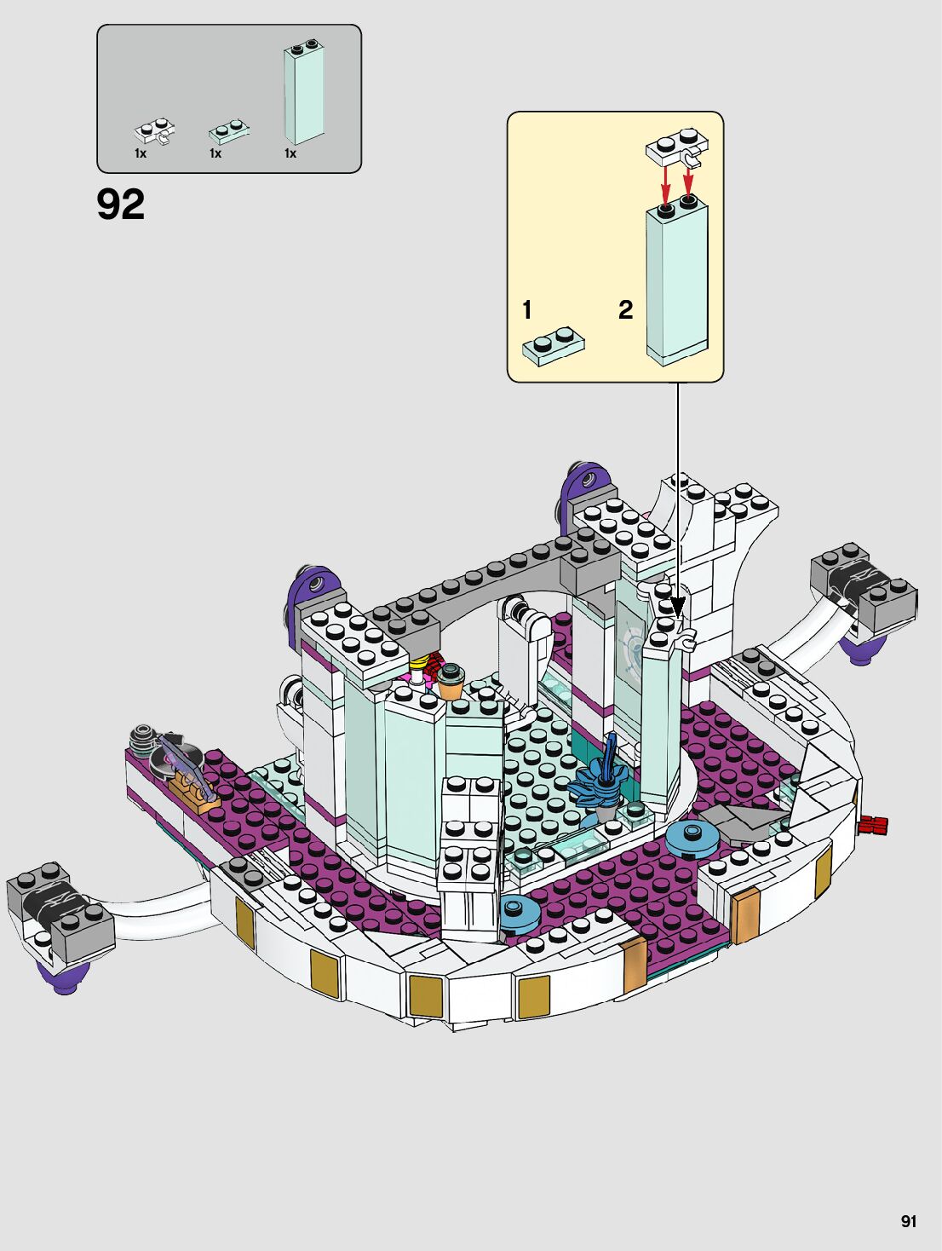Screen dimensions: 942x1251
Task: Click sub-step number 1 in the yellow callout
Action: [527, 310]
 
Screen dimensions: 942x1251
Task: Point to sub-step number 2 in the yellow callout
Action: [625, 310]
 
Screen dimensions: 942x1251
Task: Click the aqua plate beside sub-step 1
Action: [554, 345]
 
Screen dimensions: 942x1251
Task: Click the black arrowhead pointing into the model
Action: [678, 608]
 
